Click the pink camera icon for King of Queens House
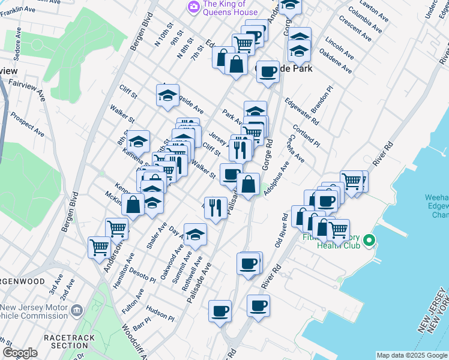click(x=194, y=7)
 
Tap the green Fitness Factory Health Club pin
click(x=369, y=241)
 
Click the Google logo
click(x=20, y=353)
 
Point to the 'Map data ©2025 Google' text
click(x=412, y=355)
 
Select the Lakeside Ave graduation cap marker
click(x=168, y=95)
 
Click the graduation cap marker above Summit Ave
click(x=195, y=235)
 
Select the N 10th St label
click(x=162, y=37)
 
